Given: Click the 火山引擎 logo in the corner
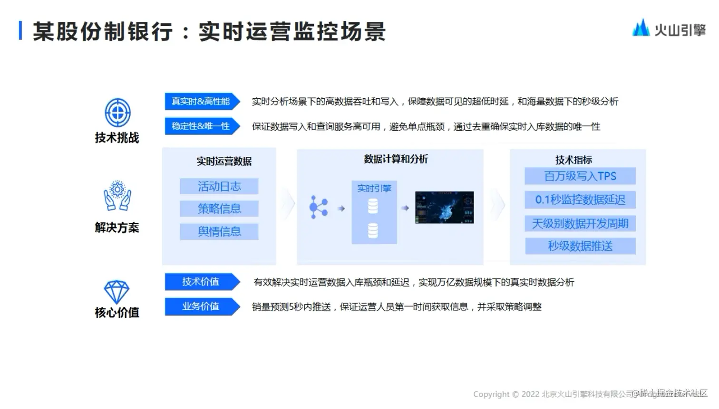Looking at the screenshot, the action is [x=669, y=29].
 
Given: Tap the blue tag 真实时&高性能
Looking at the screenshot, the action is [x=201, y=101].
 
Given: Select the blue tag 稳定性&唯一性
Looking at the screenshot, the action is [x=201, y=126].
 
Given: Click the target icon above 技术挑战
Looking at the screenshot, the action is [x=117, y=113].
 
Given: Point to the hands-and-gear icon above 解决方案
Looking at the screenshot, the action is [x=117, y=196].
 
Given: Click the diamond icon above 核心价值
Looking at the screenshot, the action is [x=117, y=291].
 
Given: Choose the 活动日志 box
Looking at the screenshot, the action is [x=219, y=186].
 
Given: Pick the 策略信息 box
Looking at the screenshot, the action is [x=219, y=209].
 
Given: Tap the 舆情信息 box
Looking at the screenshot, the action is [x=219, y=231].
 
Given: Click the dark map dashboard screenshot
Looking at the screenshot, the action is [x=444, y=208].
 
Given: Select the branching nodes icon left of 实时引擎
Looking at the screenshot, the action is [x=318, y=208].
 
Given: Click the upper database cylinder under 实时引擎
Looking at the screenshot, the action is [x=373, y=206].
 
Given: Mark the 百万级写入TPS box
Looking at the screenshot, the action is [x=580, y=176].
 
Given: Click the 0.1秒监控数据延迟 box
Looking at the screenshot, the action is [x=580, y=200].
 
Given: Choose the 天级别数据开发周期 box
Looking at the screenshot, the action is [x=580, y=223].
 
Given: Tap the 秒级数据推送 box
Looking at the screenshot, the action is [x=580, y=246].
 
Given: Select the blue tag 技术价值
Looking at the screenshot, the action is [x=201, y=282].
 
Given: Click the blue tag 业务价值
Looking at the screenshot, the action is [x=201, y=306].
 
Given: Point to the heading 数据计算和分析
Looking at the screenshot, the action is [x=396, y=159].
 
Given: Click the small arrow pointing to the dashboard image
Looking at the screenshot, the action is [x=405, y=208].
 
